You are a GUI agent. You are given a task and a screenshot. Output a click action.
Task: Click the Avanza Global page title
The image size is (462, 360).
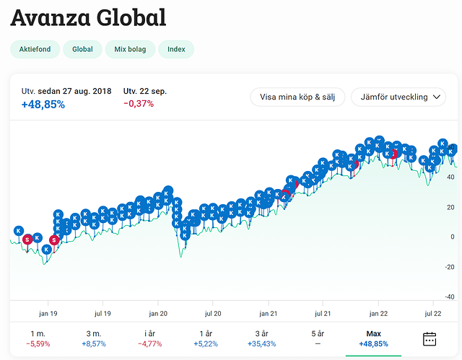[x=88, y=17]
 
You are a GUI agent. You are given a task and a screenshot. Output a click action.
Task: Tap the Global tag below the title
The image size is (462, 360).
[x=82, y=50]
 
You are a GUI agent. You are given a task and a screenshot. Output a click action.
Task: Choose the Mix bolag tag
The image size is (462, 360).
[x=129, y=50]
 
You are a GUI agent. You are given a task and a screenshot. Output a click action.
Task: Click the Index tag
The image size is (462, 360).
[x=176, y=50]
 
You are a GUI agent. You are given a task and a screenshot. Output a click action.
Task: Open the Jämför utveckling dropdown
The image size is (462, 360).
[x=398, y=97]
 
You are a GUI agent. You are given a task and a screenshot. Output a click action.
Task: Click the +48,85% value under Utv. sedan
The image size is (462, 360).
[x=43, y=105]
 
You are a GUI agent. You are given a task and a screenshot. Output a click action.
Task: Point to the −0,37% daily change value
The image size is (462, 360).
[x=139, y=104]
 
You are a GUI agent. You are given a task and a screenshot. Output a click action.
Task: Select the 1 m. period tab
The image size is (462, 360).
[x=38, y=338]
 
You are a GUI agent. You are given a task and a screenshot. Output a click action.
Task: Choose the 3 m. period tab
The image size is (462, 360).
[x=93, y=338]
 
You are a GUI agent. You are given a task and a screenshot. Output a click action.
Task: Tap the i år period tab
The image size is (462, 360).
[x=149, y=338]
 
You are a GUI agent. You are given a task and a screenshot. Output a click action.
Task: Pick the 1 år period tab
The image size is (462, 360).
[x=206, y=338]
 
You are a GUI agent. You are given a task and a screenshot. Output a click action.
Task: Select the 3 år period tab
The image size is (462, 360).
[x=261, y=338]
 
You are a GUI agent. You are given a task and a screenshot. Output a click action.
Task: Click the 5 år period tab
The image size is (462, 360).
[x=318, y=338]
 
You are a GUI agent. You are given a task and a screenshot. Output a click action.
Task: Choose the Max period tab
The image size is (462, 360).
[x=373, y=338]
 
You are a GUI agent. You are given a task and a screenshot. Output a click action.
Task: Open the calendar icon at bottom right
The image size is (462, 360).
[x=430, y=338]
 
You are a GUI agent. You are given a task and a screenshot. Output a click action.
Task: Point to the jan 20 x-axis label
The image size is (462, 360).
[x=158, y=313]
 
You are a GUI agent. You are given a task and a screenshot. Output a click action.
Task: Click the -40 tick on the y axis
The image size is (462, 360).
[x=449, y=297]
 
